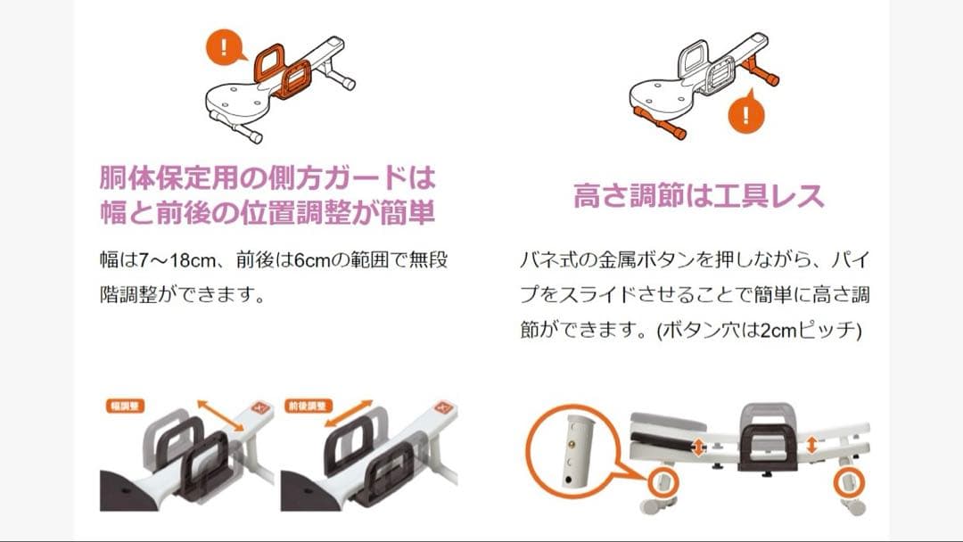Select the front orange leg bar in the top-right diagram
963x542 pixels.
pyautogui.click(x=661, y=123)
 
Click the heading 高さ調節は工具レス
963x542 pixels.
pyautogui.click(x=699, y=195)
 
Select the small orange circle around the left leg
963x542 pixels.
pyautogui.click(x=662, y=482)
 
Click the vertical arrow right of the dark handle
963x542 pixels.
pyautogui.click(x=811, y=443)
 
